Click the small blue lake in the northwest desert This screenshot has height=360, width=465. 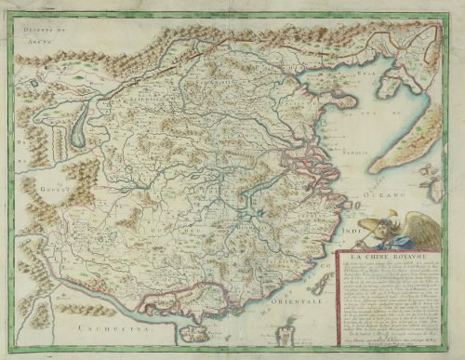pyautogui.click(x=35, y=84)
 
